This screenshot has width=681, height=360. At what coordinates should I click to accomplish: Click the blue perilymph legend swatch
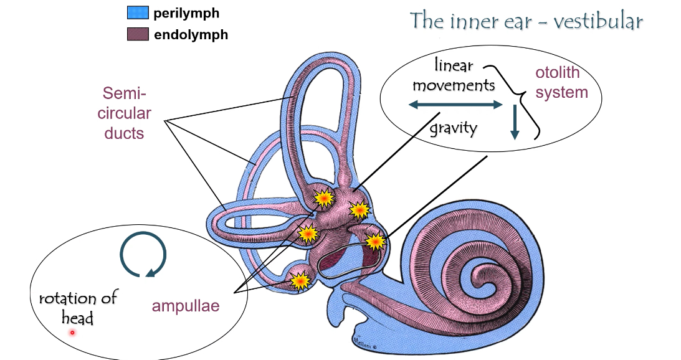[138, 13]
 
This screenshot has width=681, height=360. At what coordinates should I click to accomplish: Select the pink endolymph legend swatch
[138, 34]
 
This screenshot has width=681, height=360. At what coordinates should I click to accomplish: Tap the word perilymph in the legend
[187, 13]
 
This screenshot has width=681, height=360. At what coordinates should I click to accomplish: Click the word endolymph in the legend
[191, 35]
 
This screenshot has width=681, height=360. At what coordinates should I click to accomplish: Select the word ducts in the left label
[125, 133]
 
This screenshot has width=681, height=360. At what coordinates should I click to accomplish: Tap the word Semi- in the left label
[125, 95]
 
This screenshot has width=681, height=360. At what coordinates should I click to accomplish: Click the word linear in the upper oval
[454, 65]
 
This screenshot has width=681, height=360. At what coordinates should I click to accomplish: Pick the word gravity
[453, 129]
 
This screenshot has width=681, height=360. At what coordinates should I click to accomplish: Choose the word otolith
[558, 73]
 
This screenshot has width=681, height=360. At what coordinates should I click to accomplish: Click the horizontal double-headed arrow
[455, 106]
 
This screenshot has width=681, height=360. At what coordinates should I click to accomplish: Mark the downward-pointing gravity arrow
[515, 123]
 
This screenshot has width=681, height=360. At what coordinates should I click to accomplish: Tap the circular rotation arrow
[143, 253]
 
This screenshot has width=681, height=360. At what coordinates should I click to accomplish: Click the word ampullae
[186, 306]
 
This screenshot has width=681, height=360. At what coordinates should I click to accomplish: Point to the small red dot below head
[72, 333]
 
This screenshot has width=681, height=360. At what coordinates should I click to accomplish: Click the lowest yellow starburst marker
[300, 281]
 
